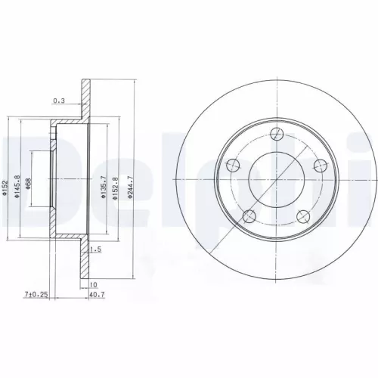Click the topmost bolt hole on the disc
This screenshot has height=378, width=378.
pos(277,135)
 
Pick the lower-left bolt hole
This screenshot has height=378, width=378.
pos(249,217)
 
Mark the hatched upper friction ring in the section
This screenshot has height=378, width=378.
pos(85,96)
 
